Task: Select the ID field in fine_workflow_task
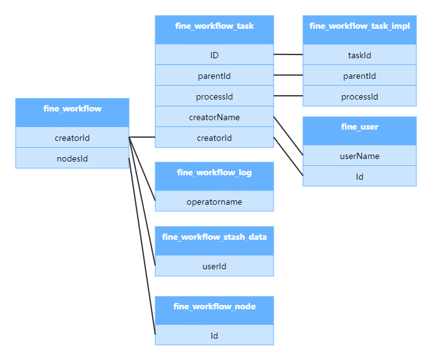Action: tap(214, 55)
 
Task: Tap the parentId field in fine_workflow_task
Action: tap(214, 76)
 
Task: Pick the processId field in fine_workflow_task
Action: tap(214, 96)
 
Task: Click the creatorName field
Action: tap(214, 117)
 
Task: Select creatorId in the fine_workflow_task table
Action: tap(214, 138)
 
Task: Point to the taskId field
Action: tap(359, 55)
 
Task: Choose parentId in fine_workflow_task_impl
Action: tap(359, 76)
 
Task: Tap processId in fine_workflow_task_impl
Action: tap(359, 96)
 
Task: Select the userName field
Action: tap(359, 156)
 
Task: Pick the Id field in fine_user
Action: tap(359, 177)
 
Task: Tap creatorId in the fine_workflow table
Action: tap(72, 138)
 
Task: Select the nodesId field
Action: tap(72, 158)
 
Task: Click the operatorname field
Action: tap(214, 202)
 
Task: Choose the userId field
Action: tap(214, 266)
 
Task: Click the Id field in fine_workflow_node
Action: tap(214, 336)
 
